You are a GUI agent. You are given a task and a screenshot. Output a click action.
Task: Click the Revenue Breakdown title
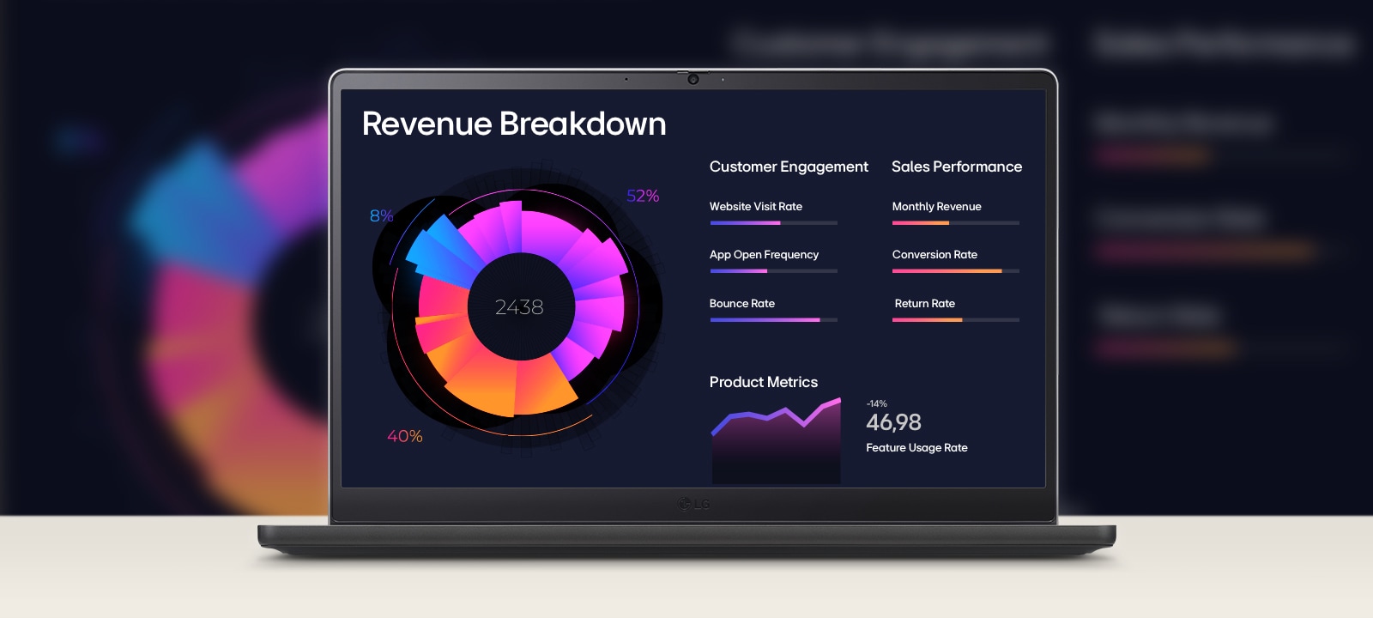click(x=513, y=124)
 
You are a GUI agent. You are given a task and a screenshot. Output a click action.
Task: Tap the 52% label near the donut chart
click(x=643, y=196)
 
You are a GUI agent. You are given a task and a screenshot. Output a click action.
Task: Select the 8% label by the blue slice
click(x=381, y=215)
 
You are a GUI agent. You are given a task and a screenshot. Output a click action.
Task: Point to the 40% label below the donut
click(x=404, y=436)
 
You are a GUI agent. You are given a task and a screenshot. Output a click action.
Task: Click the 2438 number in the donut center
click(x=519, y=307)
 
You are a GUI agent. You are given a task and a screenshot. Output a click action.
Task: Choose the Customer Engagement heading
click(x=789, y=167)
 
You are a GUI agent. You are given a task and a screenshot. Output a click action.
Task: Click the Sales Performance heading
click(x=957, y=167)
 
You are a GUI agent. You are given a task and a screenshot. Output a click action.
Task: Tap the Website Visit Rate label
click(x=755, y=207)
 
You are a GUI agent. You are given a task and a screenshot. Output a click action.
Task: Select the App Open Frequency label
click(x=764, y=255)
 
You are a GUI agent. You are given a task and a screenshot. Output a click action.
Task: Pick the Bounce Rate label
click(x=741, y=304)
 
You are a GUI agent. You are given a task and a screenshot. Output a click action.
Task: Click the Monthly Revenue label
click(x=936, y=207)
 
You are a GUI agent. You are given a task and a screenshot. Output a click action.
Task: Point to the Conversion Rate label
click(x=934, y=255)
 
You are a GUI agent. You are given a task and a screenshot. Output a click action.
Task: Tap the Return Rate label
click(x=924, y=304)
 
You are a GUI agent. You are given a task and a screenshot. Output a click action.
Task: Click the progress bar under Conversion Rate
click(x=955, y=271)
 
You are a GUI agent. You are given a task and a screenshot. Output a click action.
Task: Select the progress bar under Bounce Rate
click(x=773, y=320)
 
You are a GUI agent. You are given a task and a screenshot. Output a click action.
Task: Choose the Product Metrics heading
click(x=763, y=382)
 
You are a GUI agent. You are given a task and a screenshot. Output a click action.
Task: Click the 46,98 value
click(x=893, y=422)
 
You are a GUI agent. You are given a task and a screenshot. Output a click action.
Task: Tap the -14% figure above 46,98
click(x=876, y=403)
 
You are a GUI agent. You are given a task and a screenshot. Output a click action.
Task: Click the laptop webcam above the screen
click(x=693, y=79)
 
